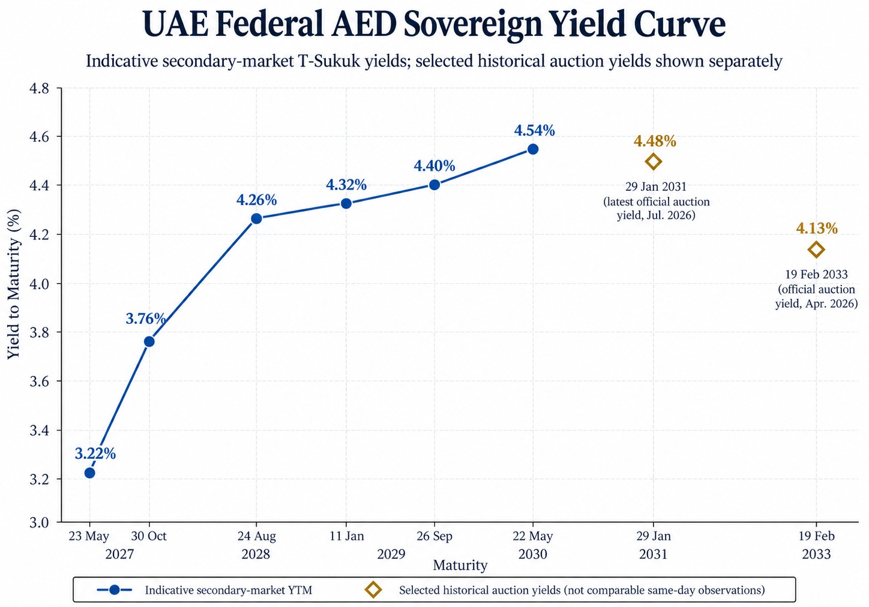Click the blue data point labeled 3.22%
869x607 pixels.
point(89,473)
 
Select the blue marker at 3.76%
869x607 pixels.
point(149,341)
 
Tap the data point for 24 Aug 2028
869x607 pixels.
point(256,218)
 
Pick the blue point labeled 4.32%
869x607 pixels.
point(346,203)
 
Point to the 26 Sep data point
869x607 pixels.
point(434,185)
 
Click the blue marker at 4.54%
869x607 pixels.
point(533,149)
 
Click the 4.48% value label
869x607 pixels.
point(655,141)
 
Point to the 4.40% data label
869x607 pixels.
point(434,166)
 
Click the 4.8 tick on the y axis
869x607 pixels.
point(40,88)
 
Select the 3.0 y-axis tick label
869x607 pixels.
point(40,522)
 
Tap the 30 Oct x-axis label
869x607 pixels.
point(149,536)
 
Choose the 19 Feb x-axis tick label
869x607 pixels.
point(816,536)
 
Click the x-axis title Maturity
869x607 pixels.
point(460,565)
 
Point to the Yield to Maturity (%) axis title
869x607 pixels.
point(14,284)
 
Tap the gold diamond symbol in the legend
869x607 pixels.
point(373,590)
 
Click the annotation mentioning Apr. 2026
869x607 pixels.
point(816,289)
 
